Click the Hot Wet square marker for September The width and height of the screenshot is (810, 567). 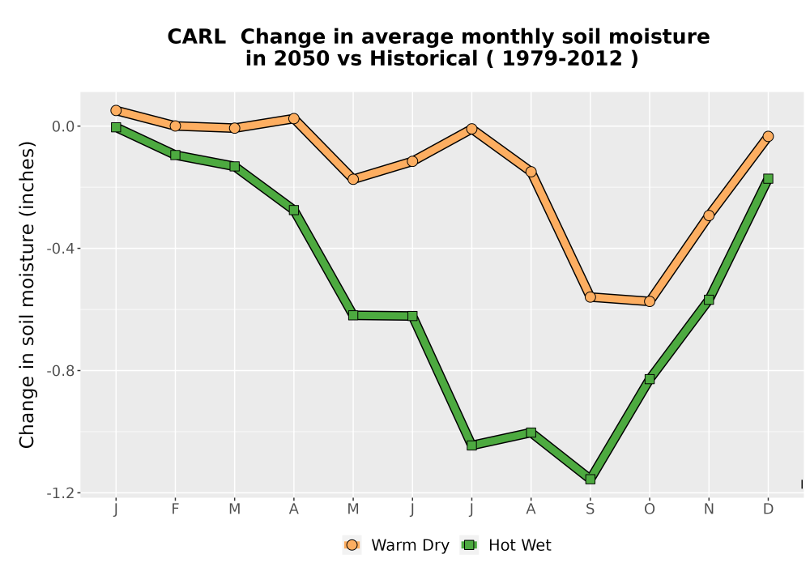[x=590, y=480]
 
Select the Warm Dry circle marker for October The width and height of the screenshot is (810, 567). [x=650, y=301]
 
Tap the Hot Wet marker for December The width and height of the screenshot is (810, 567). [x=768, y=179]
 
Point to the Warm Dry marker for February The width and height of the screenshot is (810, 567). [x=175, y=126]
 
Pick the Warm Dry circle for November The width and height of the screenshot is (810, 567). [x=709, y=215]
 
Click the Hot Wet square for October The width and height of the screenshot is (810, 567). [x=650, y=379]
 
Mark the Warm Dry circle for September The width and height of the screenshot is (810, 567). [x=590, y=297]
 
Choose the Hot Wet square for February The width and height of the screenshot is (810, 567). [x=175, y=155]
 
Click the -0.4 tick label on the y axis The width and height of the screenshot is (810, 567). [x=61, y=249]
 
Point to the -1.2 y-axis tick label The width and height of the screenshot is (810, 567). [x=61, y=493]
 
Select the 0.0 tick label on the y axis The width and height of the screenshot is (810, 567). [x=63, y=126]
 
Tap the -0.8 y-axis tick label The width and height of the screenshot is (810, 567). [x=61, y=371]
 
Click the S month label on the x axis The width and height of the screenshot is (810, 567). [x=590, y=509]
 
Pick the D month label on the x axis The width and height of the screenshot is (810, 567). [x=768, y=509]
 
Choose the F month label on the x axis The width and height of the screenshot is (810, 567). [x=175, y=509]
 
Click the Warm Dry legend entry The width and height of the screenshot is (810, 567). [x=396, y=545]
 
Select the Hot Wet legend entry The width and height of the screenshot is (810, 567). [x=505, y=545]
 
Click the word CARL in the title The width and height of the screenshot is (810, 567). [x=196, y=37]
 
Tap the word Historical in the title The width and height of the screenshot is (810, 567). [x=424, y=59]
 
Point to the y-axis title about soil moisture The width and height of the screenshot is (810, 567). [x=27, y=295]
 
